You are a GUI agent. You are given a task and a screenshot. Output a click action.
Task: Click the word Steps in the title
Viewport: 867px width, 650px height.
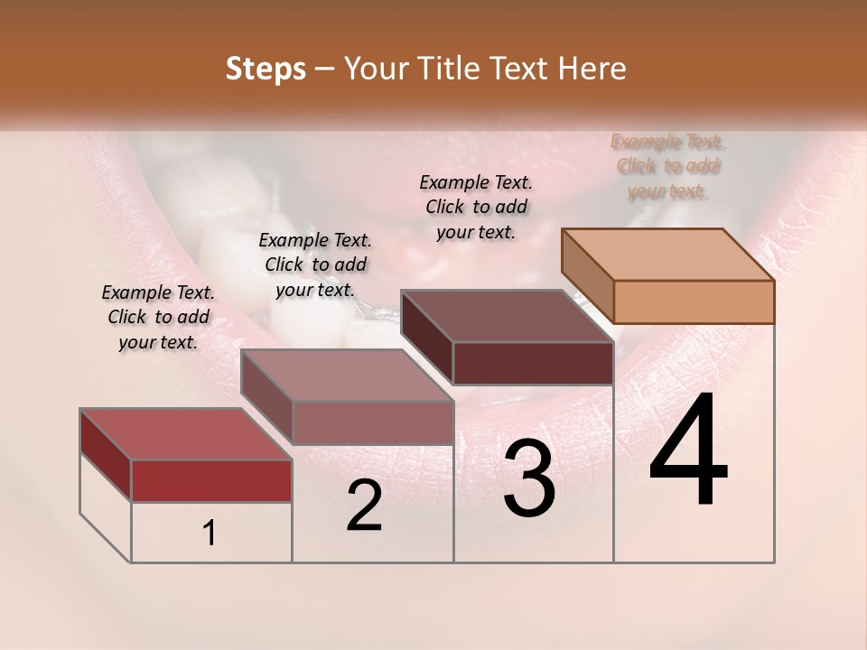coord(266,69)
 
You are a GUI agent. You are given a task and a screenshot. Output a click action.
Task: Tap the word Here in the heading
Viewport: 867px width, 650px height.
coord(592,69)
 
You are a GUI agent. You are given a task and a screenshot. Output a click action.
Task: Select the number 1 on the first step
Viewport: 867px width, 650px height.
coord(210,534)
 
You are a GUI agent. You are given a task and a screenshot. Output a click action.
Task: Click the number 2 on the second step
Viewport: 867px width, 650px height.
coord(364,506)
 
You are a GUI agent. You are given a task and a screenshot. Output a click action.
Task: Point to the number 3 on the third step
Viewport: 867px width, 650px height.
coord(529,478)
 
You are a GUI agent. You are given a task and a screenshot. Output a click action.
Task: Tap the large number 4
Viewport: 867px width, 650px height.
coord(688,450)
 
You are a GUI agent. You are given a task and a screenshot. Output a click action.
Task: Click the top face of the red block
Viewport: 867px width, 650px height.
coord(185,434)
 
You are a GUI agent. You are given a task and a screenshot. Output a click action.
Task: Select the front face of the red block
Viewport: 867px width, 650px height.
coord(211,480)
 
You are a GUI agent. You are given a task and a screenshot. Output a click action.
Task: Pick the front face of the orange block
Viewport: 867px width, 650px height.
coord(694,302)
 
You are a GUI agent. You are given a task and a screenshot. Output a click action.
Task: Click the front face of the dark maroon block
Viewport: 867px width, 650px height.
coord(533,363)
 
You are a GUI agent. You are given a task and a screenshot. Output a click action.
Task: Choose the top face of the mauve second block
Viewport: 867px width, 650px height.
coord(347,375)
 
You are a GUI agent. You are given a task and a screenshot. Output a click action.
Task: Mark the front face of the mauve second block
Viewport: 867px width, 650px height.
coord(372,422)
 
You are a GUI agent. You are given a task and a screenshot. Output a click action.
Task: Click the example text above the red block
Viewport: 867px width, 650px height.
coord(158,317)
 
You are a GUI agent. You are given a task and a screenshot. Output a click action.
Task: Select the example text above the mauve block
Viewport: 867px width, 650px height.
coord(315,265)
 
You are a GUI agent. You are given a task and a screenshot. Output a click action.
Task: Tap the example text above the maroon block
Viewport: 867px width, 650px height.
coord(476,207)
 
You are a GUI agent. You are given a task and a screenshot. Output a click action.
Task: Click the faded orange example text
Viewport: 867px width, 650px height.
coord(668,166)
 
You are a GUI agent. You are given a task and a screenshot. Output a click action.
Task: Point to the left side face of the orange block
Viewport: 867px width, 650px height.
coord(587,275)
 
